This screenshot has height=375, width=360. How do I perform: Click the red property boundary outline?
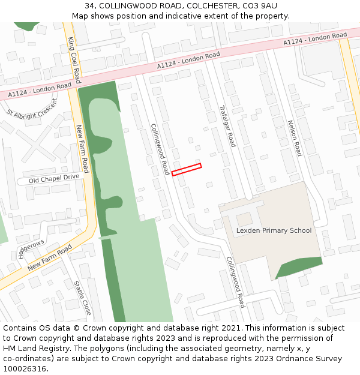tap(187, 170)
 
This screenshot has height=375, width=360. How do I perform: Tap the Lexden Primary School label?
tap(274, 230)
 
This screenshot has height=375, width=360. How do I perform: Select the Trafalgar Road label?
tap(227, 126)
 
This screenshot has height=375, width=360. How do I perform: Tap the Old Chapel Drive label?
tap(53, 178)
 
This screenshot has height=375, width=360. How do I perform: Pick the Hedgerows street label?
tap(31, 248)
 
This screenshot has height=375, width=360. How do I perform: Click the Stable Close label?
tap(82, 298)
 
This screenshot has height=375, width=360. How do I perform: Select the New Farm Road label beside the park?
tap(82, 148)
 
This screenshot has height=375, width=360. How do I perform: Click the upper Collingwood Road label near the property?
tap(160, 149)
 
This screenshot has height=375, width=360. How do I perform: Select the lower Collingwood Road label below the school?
tap(236, 282)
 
